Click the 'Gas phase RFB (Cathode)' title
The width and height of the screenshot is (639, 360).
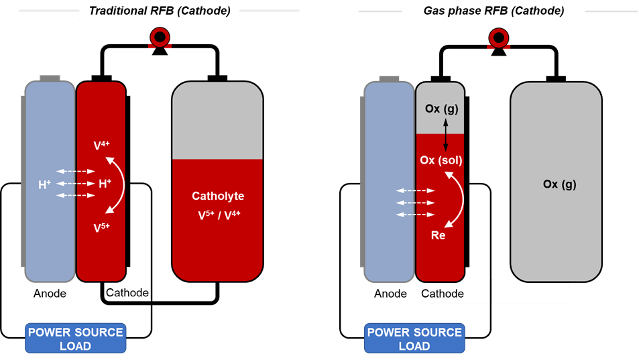pyautogui.click(x=493, y=11)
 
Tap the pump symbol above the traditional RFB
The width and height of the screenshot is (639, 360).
pyautogui.click(x=159, y=39)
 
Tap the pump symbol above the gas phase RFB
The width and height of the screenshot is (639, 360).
pyautogui.click(x=498, y=39)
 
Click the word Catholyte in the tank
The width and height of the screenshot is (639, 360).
pyautogui.click(x=218, y=196)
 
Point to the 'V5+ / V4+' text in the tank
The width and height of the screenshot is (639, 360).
pyautogui.click(x=218, y=216)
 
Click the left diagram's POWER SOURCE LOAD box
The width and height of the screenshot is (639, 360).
pyautogui.click(x=75, y=339)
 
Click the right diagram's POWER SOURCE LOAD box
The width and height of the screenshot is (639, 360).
pyautogui.click(x=414, y=339)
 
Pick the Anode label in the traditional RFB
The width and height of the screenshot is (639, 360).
pyautogui.click(x=50, y=293)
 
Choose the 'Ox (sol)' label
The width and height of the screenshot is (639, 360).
pyautogui.click(x=441, y=161)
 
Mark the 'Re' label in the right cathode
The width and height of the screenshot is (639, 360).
pyautogui.click(x=438, y=235)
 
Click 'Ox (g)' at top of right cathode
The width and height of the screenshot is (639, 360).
pyautogui.click(x=441, y=109)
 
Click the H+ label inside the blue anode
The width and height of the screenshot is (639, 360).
pyautogui.click(x=45, y=183)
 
